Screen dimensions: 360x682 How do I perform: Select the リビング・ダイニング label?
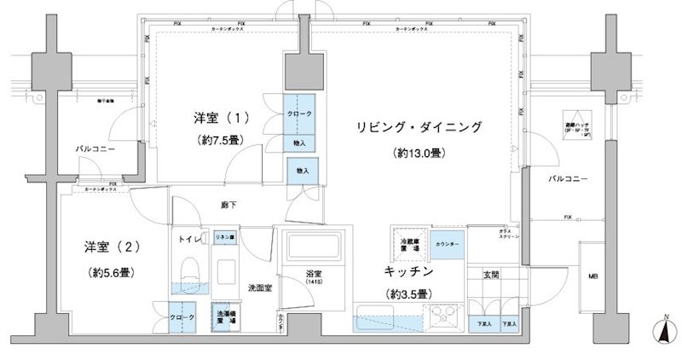click(419, 127)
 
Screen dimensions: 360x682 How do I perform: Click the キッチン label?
click(410, 272)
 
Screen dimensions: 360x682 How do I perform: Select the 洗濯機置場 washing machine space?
click(223, 317)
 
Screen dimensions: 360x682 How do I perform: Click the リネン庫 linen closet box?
click(225, 239)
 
